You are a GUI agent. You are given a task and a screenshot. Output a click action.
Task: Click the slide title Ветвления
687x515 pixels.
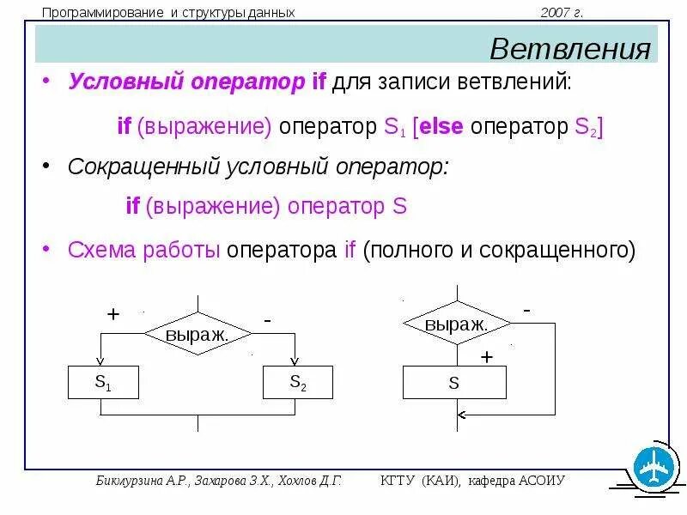point(569,48)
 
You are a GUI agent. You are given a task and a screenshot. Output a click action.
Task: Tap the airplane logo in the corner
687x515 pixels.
point(655,468)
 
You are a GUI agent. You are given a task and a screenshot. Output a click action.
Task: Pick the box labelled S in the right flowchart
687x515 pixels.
point(454,383)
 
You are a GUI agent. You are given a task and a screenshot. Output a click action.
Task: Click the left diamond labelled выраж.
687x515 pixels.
point(198,333)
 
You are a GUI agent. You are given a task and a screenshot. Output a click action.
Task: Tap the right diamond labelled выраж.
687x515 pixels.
point(457,324)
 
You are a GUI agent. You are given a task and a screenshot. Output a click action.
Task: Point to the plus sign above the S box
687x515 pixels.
point(487,356)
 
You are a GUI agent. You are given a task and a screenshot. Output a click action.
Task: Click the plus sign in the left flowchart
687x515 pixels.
point(112,314)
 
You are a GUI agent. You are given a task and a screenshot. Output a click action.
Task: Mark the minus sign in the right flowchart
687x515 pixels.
point(526,309)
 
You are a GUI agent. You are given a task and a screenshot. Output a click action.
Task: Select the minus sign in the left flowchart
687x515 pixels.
point(268,319)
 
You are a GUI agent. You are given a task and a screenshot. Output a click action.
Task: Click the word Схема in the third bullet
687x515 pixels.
point(100,251)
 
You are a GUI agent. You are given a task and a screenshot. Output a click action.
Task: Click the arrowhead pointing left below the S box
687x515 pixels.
point(461,415)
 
